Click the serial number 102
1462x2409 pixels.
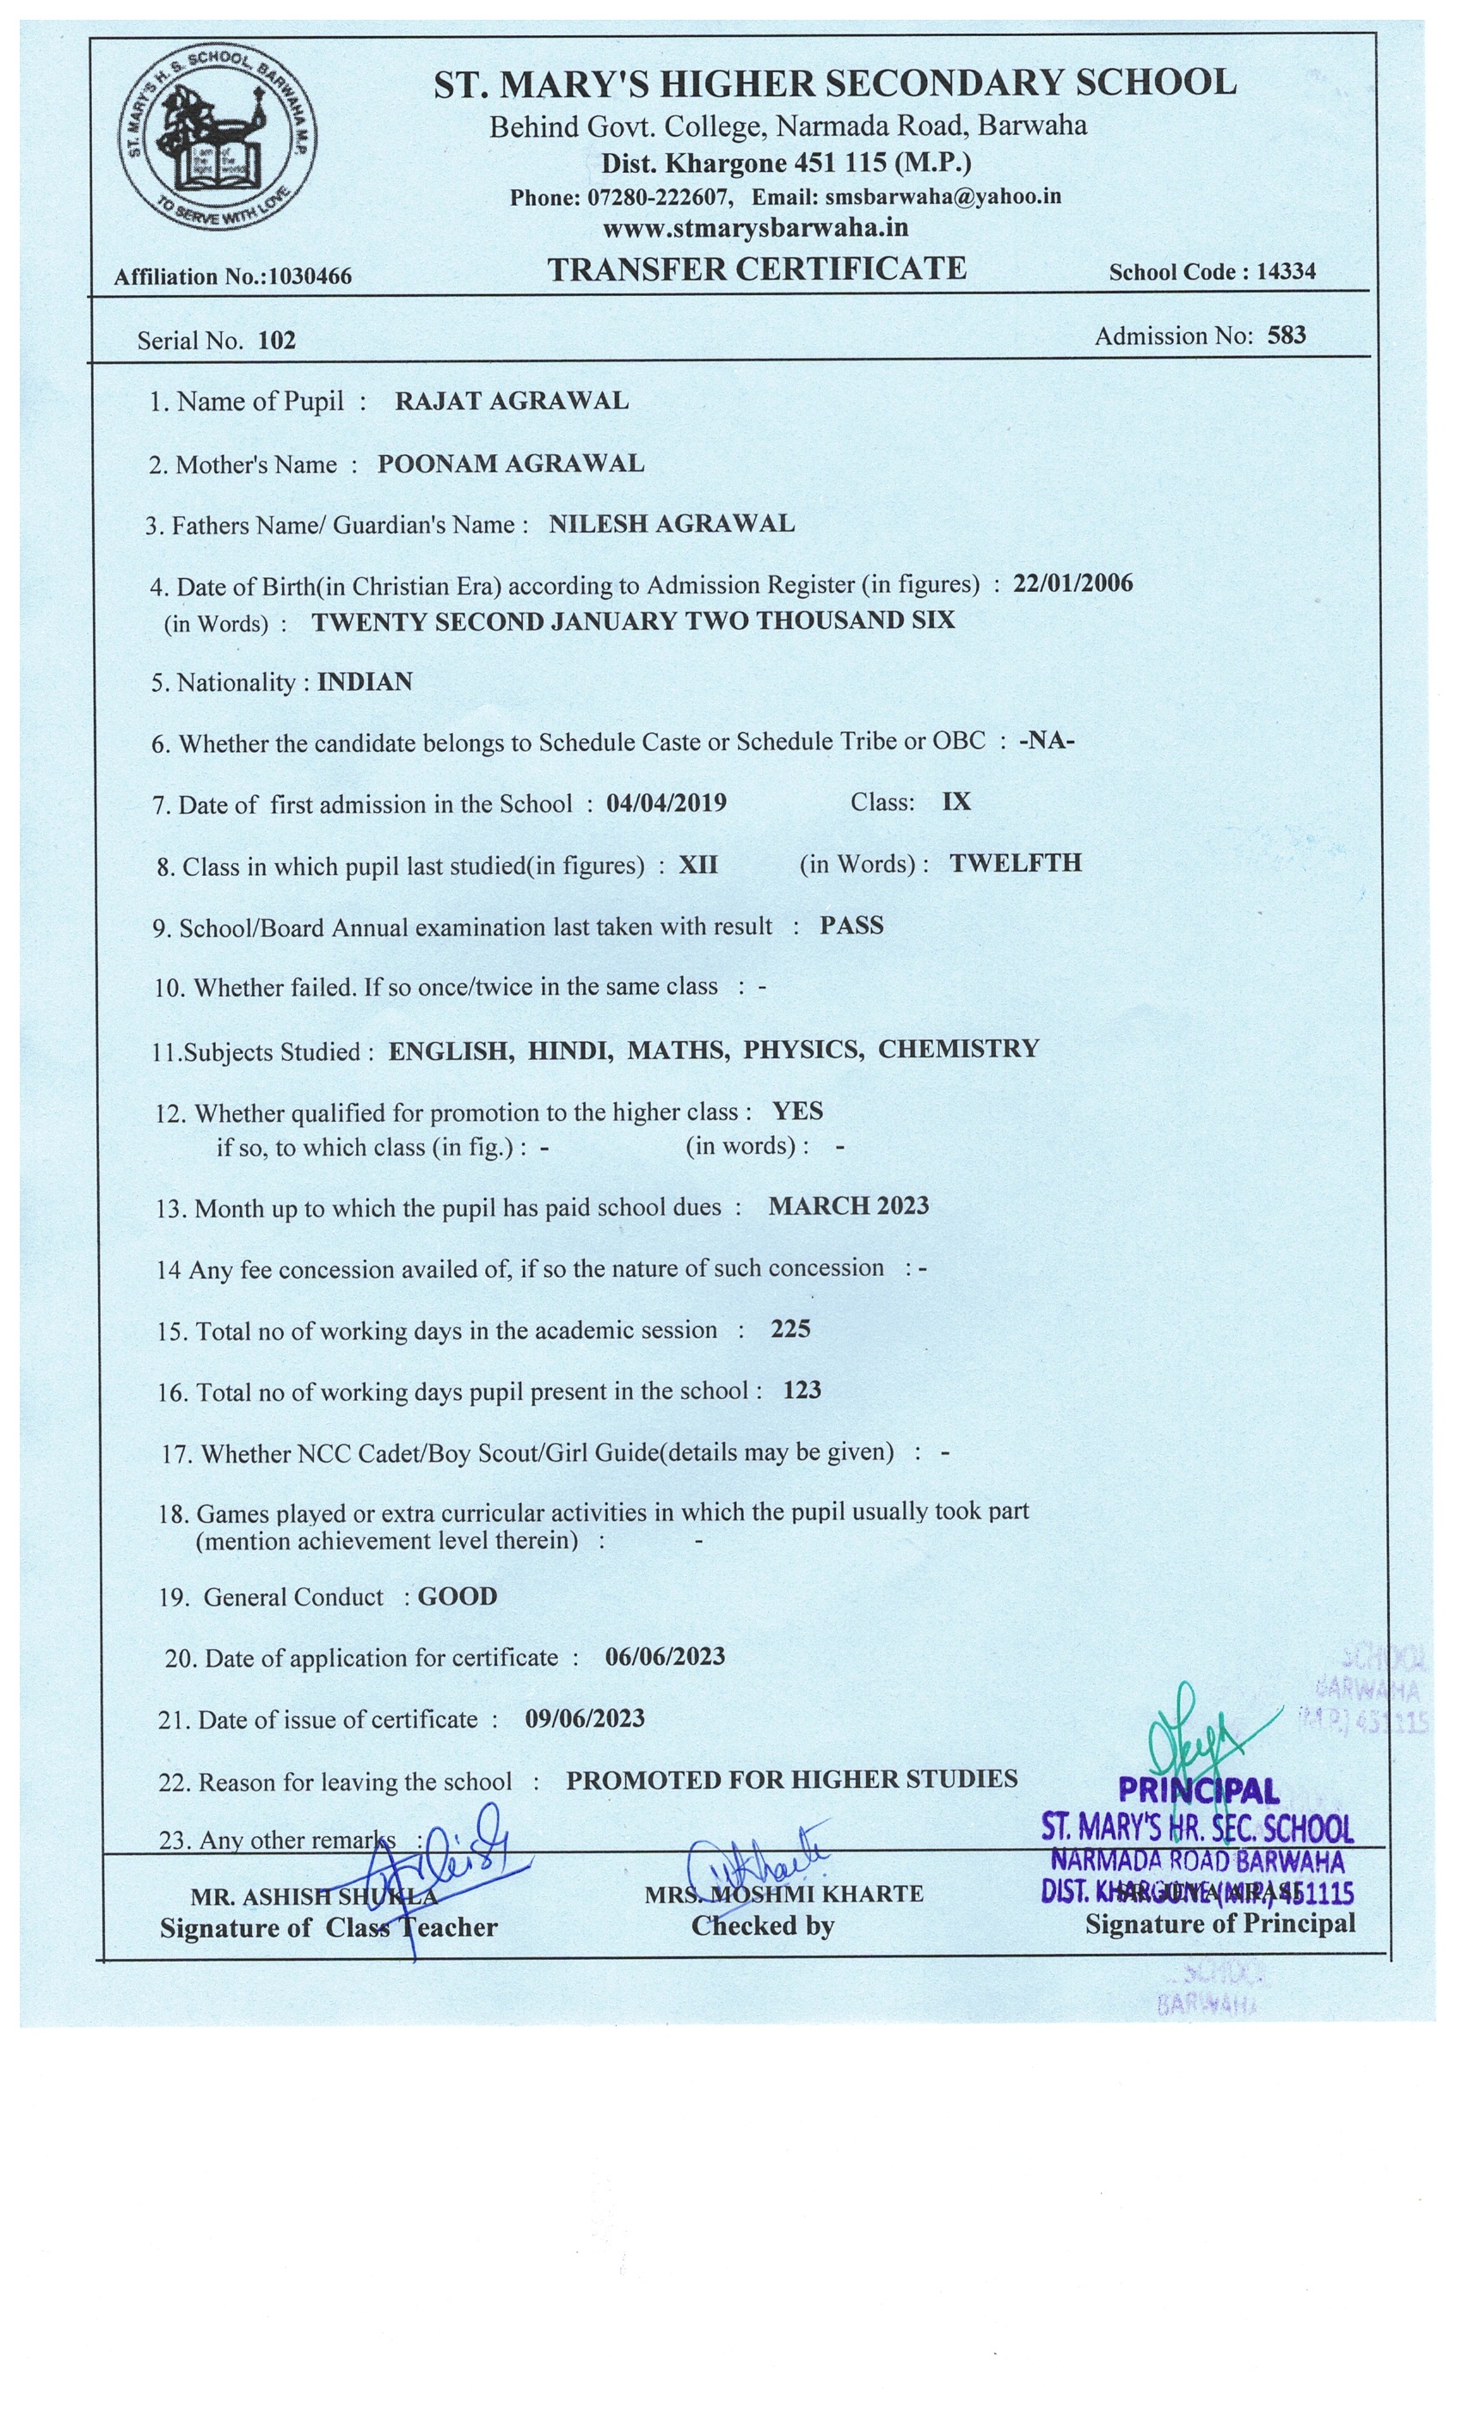(x=277, y=340)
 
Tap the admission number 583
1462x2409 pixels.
(x=1286, y=336)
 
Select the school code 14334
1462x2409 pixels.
(x=1285, y=272)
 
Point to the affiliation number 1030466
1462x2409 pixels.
(x=309, y=277)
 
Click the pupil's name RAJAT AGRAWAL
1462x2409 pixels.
(x=511, y=401)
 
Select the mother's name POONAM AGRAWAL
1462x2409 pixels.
(x=510, y=464)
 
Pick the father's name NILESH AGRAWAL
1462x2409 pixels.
(x=672, y=524)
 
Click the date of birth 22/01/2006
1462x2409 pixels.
(x=1072, y=583)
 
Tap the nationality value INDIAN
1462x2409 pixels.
(x=365, y=681)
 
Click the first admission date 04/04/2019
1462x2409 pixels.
(x=666, y=803)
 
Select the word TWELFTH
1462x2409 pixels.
(x=1016, y=863)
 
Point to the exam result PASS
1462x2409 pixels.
(x=851, y=926)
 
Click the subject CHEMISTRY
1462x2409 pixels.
(x=958, y=1049)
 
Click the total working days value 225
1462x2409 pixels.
(x=789, y=1328)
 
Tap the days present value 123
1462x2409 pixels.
(x=802, y=1390)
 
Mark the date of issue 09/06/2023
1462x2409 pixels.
(x=585, y=1719)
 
